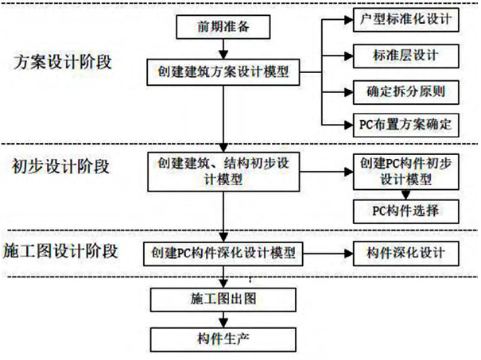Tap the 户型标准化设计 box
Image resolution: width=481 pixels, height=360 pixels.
(x=405, y=18)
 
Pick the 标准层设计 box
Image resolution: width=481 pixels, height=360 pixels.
(x=405, y=55)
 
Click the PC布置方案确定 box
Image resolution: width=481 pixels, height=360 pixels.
(x=405, y=124)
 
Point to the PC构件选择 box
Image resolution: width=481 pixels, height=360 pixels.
(x=405, y=211)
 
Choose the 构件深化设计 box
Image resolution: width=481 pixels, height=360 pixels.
(x=405, y=254)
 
